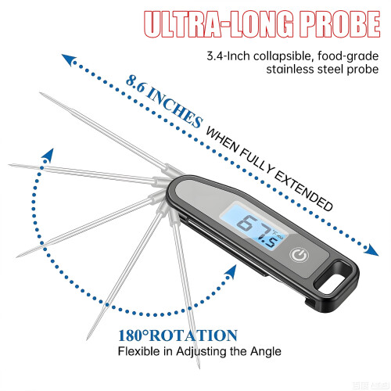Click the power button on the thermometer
pos(300,255)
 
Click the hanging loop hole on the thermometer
pos(334,278)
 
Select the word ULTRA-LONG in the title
pos(219,24)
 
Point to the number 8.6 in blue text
pos(135,84)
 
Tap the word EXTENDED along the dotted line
pos(303,192)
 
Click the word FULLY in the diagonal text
pos(256,161)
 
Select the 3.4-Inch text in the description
pos(228,56)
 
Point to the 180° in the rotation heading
pos(134,335)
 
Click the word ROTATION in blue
pos(194,335)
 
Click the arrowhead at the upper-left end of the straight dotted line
pos(68,59)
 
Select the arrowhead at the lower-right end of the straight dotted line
pos(371,250)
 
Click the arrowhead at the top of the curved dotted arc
pos(48,156)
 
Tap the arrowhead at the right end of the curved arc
pos(231,272)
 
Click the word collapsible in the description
pos(282,56)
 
